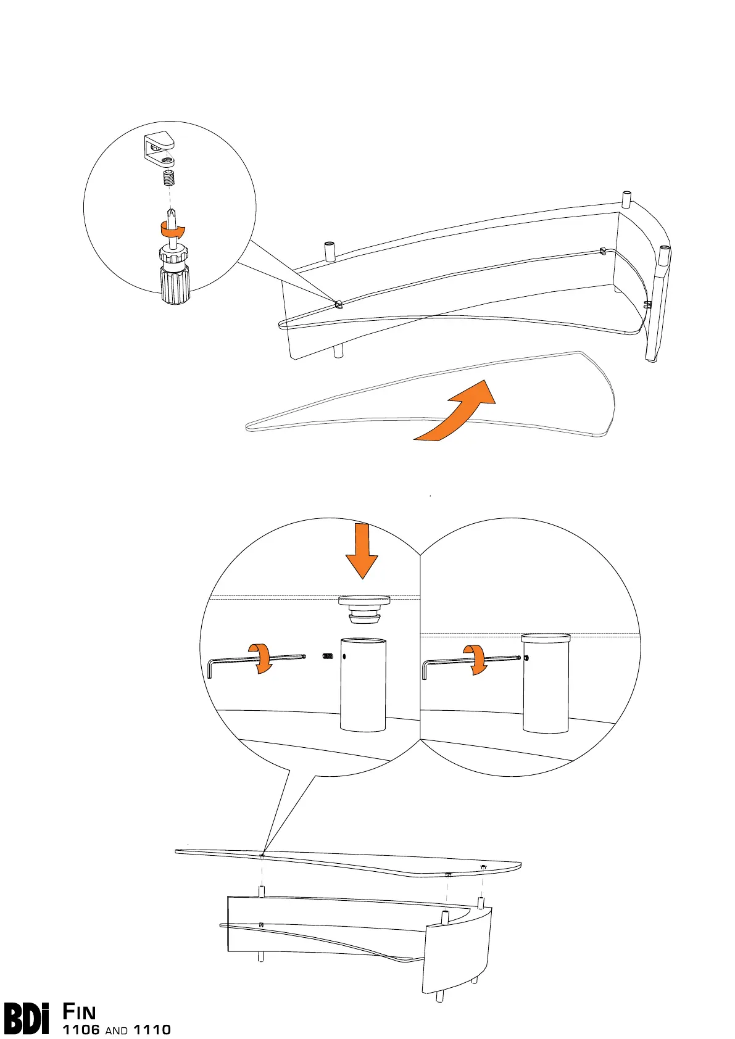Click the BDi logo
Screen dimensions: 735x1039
pyautogui.click(x=27, y=1019)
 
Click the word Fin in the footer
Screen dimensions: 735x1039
pyautogui.click(x=79, y=1012)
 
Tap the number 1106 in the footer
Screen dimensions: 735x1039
pyautogui.click(x=81, y=1030)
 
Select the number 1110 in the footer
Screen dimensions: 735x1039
pyautogui.click(x=152, y=1030)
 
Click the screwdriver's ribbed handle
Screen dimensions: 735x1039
pyautogui.click(x=175, y=284)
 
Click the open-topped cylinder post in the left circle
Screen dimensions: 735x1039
pyautogui.click(x=363, y=685)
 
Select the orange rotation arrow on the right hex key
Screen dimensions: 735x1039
pyautogui.click(x=475, y=658)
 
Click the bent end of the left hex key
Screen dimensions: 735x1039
pyautogui.click(x=210, y=669)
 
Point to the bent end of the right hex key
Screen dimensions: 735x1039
pyautogui.click(x=425, y=671)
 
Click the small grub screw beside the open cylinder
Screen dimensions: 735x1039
pyautogui.click(x=328, y=656)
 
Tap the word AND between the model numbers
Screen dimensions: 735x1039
pyautogui.click(x=117, y=1030)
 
